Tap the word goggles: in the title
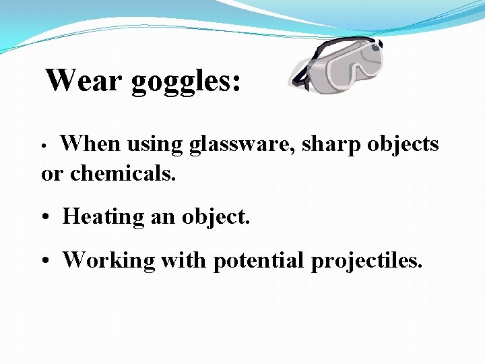[x=186, y=83]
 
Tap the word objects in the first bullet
[x=403, y=144]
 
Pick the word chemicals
[x=123, y=174]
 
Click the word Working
[x=108, y=260]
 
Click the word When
[x=90, y=144]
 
